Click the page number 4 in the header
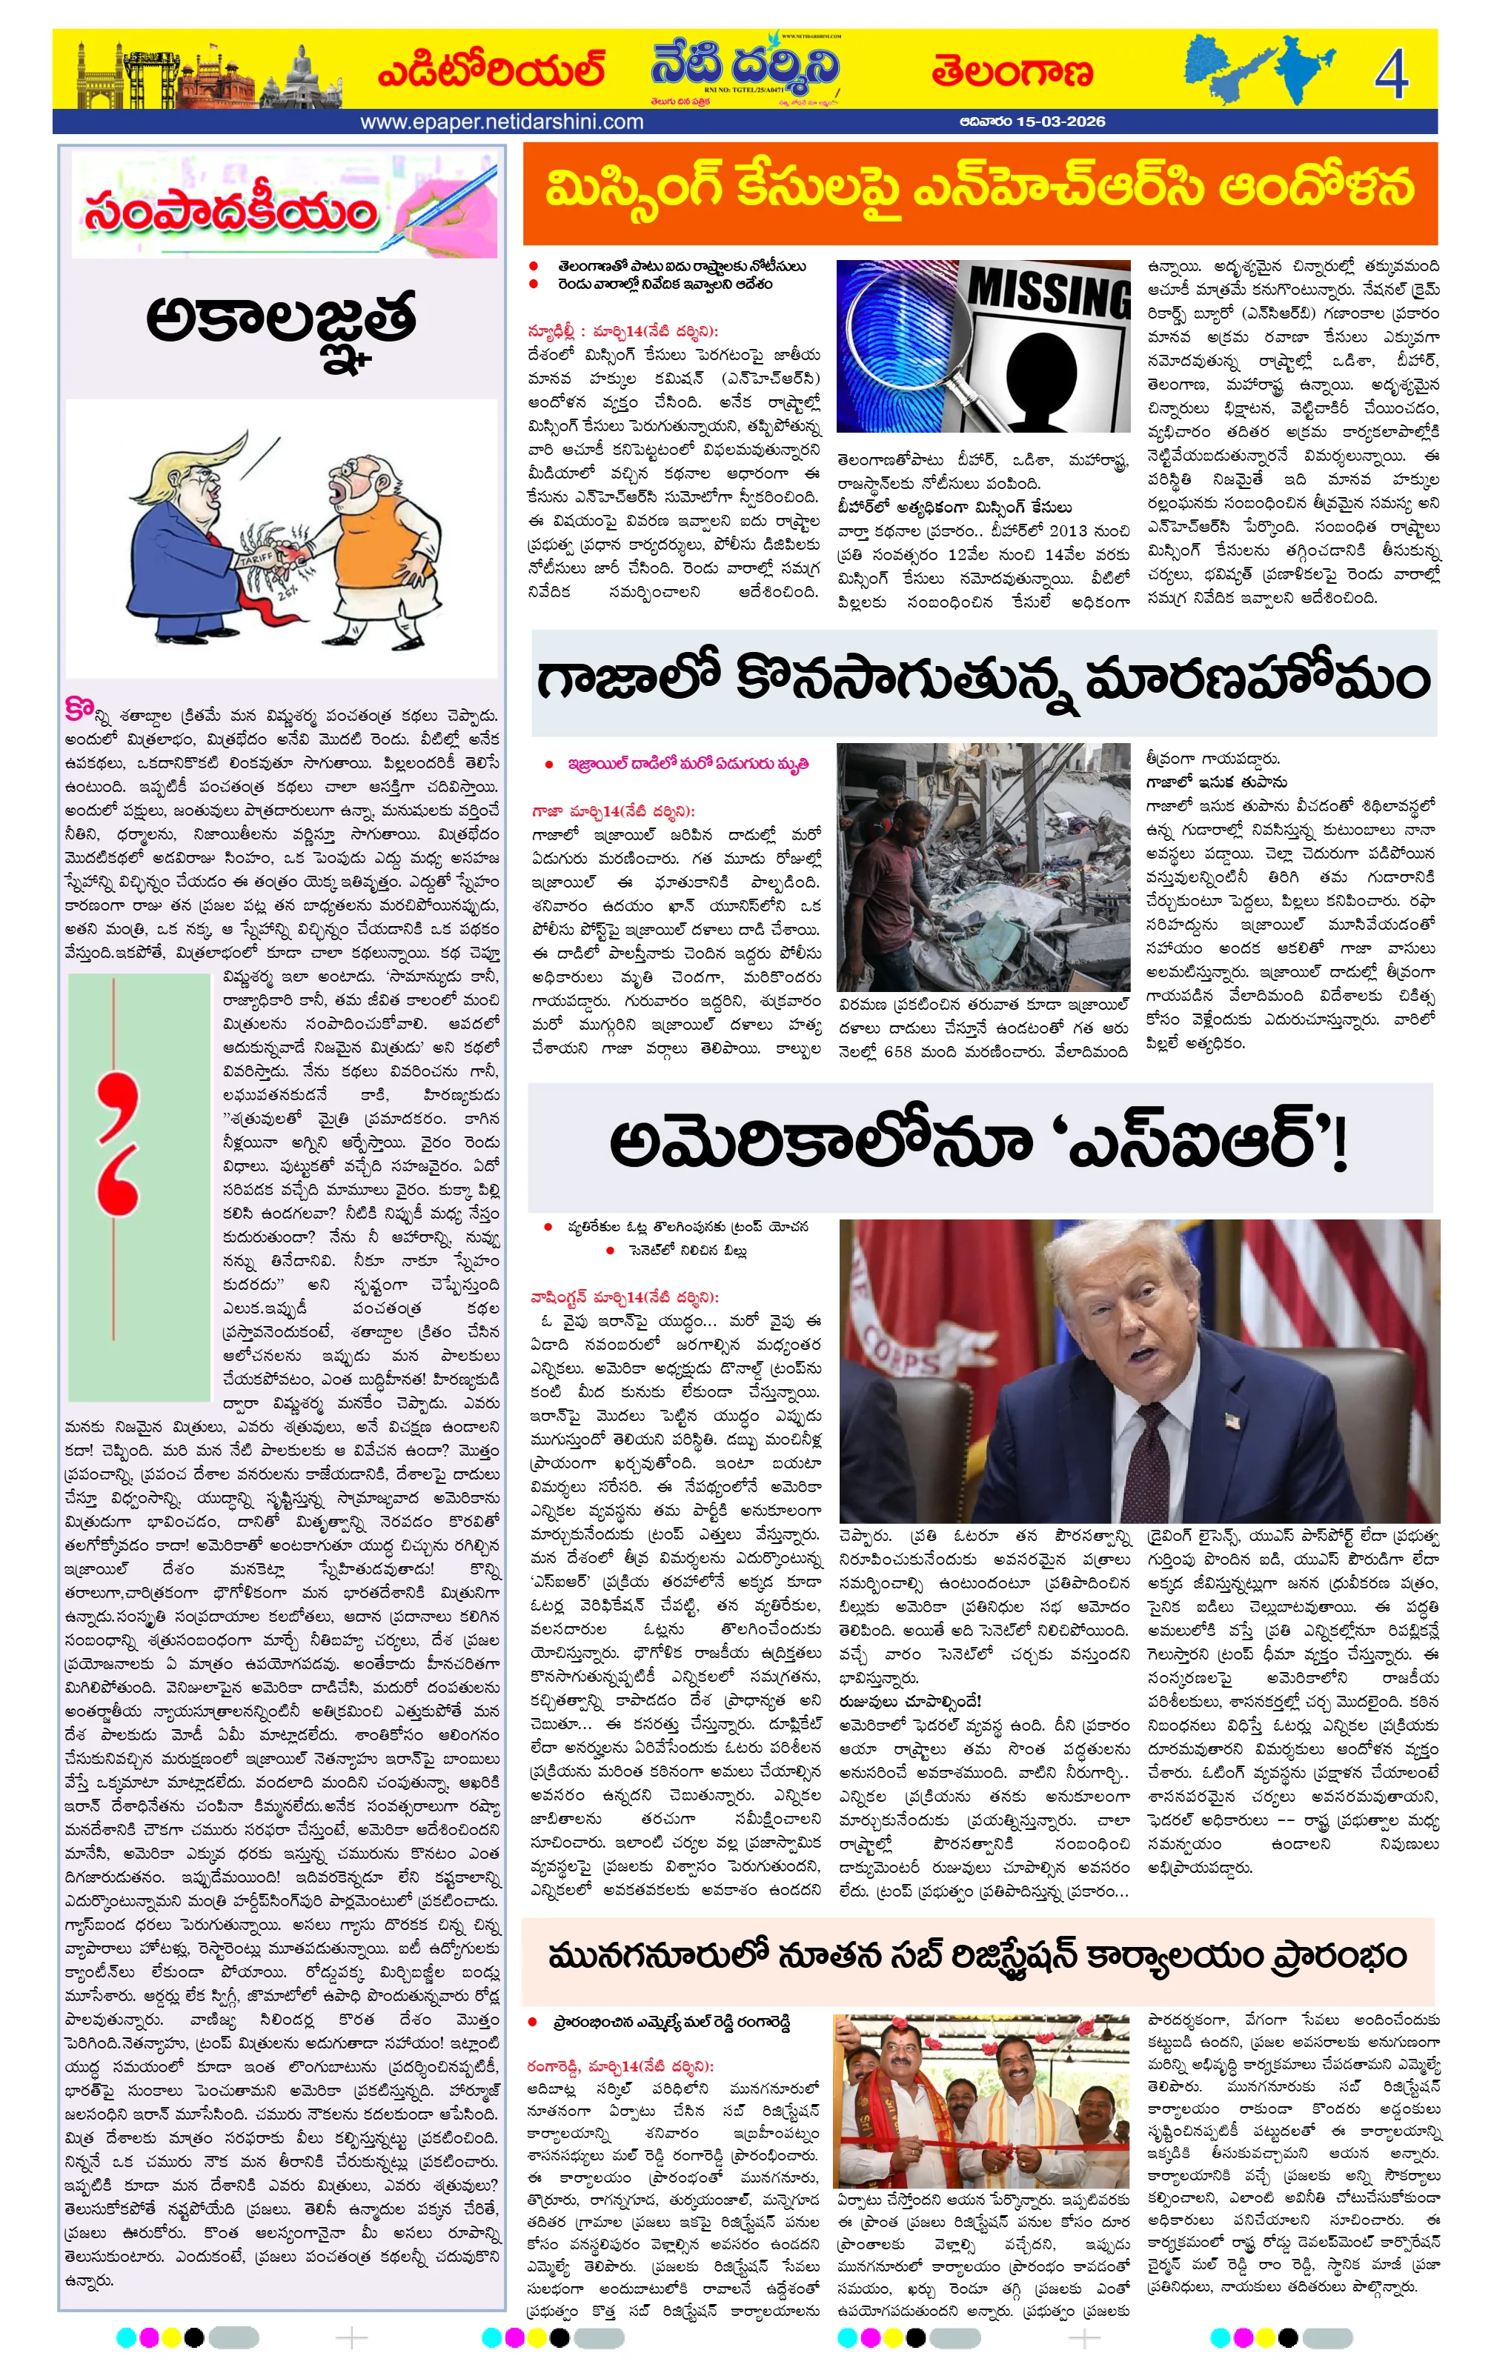tap(1389, 73)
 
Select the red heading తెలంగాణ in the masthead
tap(1012, 72)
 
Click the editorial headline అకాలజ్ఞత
tap(281, 325)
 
